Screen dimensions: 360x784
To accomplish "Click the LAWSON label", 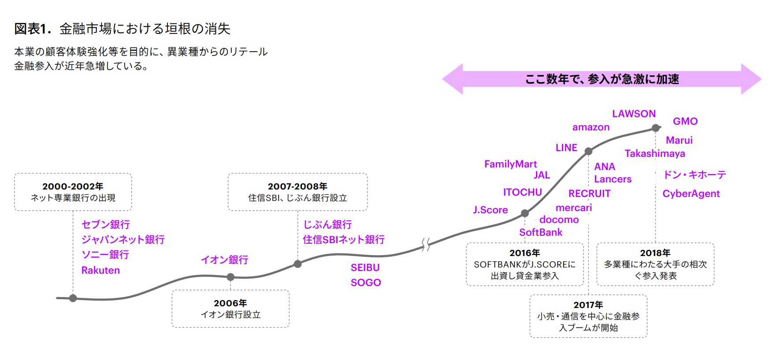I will pos(634,114).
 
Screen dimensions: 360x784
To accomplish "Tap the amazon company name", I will pos(591,127).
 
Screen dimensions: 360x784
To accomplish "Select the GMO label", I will pos(685,121).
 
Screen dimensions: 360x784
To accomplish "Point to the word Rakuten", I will pos(100,270).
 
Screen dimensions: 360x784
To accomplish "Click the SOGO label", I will pos(365,282).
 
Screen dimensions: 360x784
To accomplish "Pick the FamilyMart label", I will pos(510,164).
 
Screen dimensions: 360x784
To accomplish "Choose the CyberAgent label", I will pos(691,193).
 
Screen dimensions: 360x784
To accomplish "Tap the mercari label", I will pos(573,208).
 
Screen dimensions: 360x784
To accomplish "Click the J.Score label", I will pos(490,210).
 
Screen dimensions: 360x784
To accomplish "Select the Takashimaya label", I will pos(654,153).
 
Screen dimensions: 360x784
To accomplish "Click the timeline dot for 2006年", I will pos(230,277).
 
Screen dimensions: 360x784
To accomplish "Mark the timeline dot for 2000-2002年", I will pos(73,298).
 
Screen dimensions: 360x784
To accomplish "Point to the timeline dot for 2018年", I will pos(655,128).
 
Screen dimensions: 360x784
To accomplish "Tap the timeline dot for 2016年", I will pos(524,213).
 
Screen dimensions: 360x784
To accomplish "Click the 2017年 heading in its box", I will pos(588,305).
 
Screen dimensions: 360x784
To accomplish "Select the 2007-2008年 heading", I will pos(297,186).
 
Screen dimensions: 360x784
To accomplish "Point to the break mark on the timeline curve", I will pos(425,245).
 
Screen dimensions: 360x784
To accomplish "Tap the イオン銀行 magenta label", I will pos(224,260).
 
